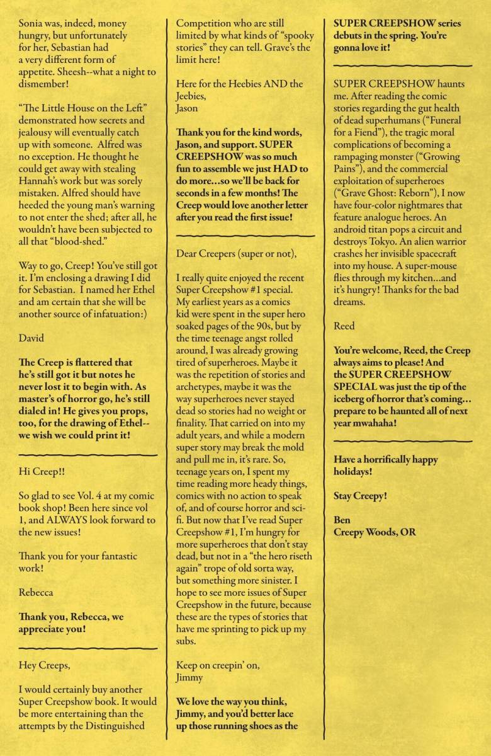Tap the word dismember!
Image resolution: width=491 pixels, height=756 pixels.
[47, 84]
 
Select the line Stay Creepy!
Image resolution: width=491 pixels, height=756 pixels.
[360, 496]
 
